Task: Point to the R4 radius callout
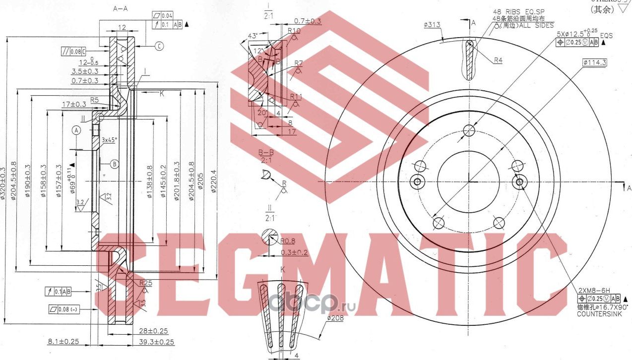coord(498,60)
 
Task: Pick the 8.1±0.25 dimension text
coord(63,341)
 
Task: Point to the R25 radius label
coord(145,283)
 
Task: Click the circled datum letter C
coord(159,47)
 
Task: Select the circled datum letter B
coord(115,163)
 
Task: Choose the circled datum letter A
coord(76,130)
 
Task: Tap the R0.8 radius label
coord(288,241)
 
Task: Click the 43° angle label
coord(253,36)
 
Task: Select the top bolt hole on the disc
coord(469,130)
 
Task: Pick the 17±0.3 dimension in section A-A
coord(75,104)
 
